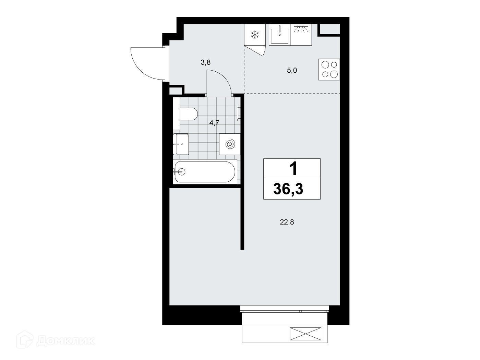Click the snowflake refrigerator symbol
pos(254,35)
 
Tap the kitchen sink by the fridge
pos(279,35)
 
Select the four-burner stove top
pos(329,69)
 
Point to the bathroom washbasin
pos(181,144)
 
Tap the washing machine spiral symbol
pos(230,144)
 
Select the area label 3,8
pos(206,62)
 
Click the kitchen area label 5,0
pos(292,70)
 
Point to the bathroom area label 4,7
pos(214,123)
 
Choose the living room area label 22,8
pos(287,222)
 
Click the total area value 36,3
pos(288,189)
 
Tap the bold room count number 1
pos(293,168)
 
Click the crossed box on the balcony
pos(305,334)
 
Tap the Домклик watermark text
pos(65,341)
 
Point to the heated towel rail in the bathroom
pos(238,113)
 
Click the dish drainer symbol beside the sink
pos(301,35)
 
